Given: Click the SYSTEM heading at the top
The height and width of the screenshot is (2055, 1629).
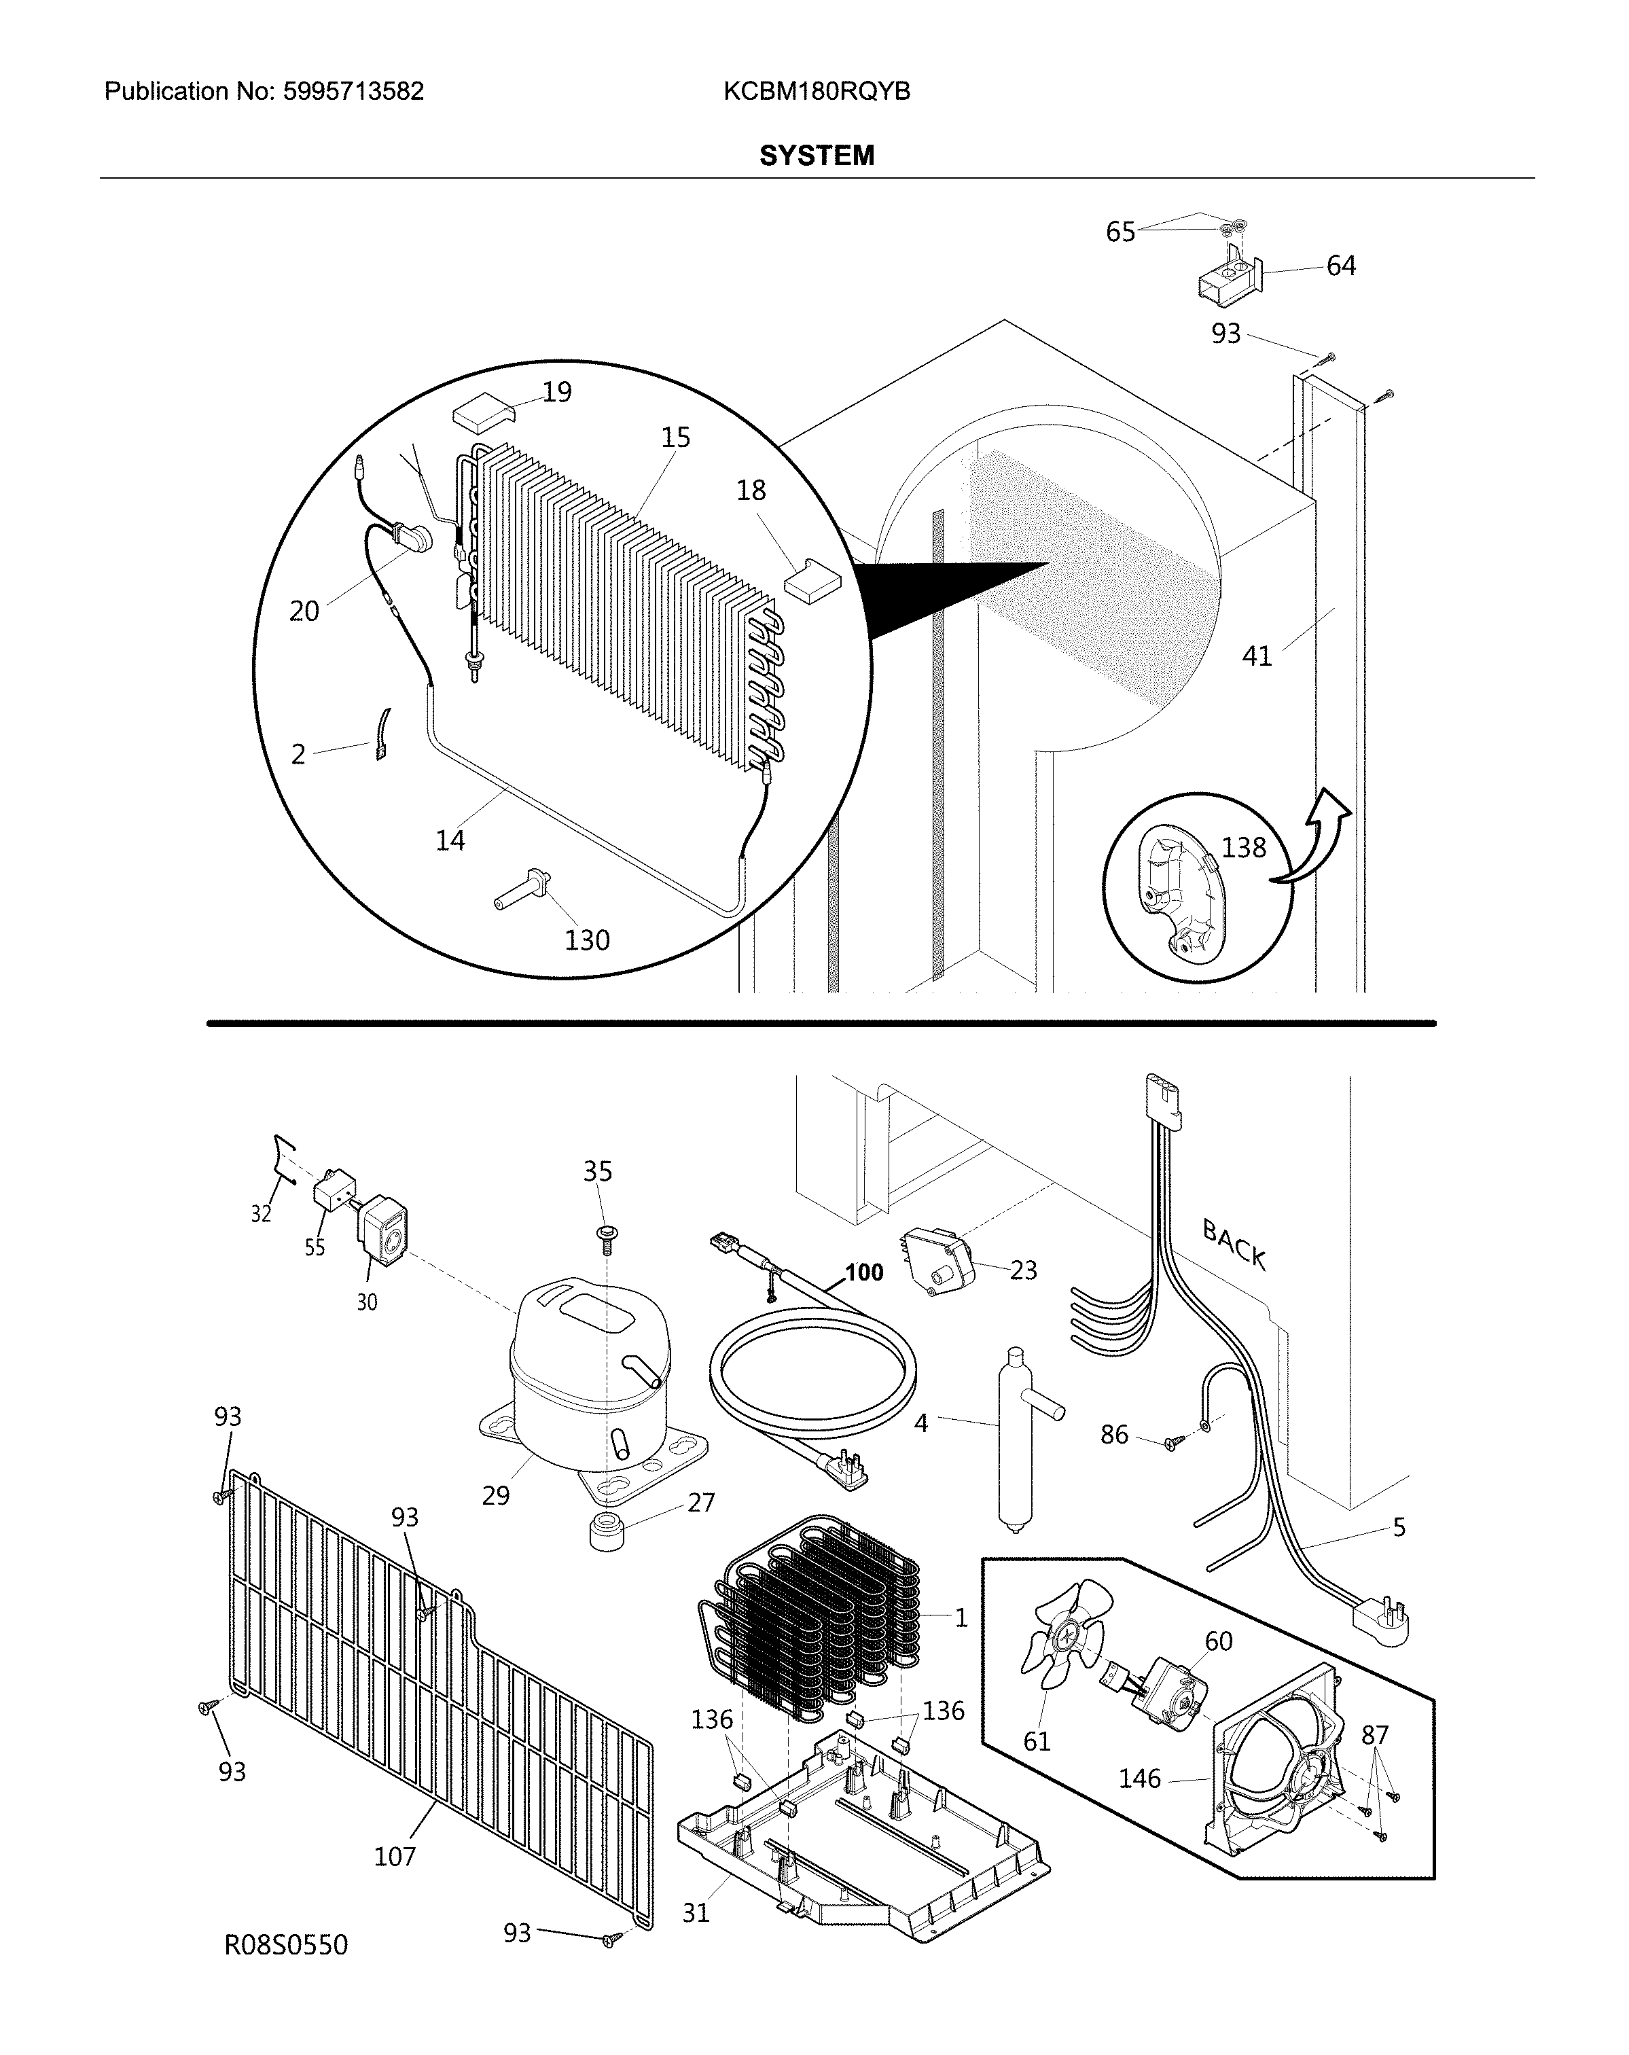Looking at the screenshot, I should pos(816,156).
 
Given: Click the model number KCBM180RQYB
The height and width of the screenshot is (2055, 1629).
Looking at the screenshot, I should pos(816,92).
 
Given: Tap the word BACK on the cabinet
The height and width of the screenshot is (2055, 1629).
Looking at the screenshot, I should pos(1234,1245).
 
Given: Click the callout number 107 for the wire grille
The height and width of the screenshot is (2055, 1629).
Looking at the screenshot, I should pos(395,1856).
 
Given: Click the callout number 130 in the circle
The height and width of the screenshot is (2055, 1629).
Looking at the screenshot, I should pos(586,940).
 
